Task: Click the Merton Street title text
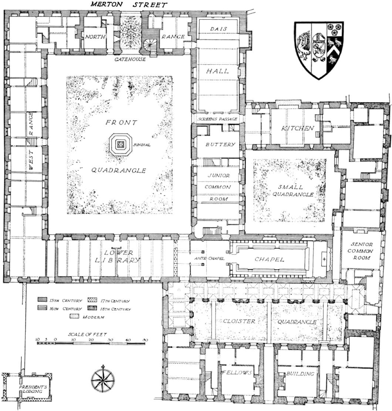click(x=129, y=5)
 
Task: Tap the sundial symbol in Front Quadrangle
click(x=121, y=144)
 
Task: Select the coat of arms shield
click(x=319, y=50)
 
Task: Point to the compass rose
click(x=103, y=379)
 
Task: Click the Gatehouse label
click(x=130, y=59)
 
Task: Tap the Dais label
click(x=218, y=28)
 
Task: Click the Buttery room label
click(x=220, y=144)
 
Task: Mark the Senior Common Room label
click(x=362, y=251)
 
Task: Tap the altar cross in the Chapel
click(x=324, y=260)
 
